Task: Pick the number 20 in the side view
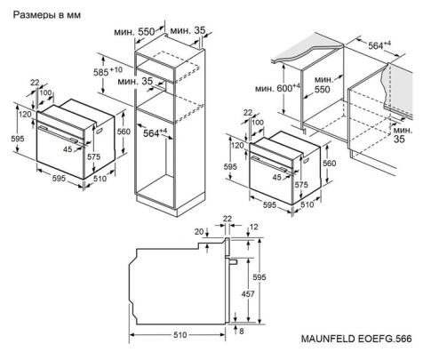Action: point(198,232)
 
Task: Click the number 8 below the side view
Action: point(241,331)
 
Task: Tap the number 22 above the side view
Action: point(227,218)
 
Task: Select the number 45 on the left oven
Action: point(67,149)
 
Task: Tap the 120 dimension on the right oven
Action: point(237,146)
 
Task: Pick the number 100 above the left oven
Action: point(44,93)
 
